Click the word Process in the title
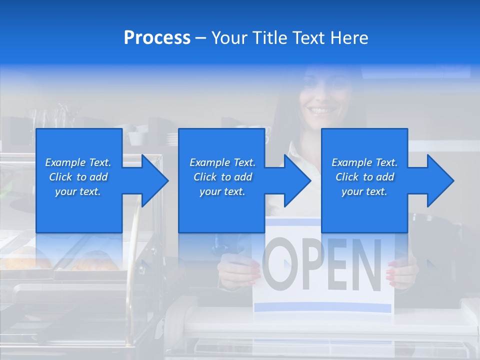click(x=157, y=38)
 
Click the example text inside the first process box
click(x=78, y=177)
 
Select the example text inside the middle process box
click(x=222, y=177)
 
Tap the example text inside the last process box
click(x=364, y=177)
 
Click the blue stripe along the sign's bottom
click(x=322, y=306)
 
